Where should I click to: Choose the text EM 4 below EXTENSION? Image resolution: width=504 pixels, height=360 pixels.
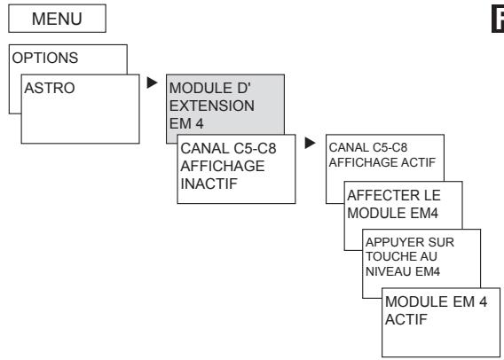point(186,119)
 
